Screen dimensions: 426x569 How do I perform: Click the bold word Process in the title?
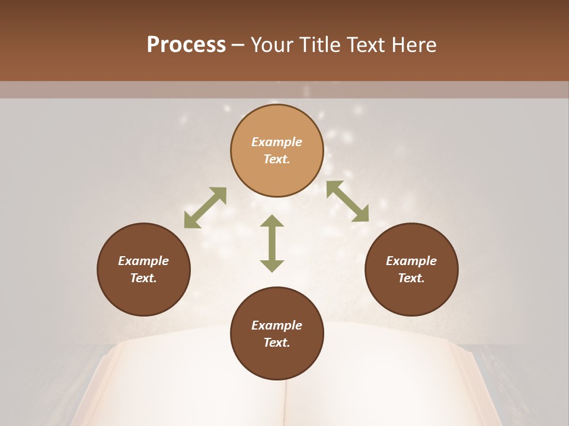186,45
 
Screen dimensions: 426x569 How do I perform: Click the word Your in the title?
273,45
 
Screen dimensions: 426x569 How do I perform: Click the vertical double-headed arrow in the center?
272,244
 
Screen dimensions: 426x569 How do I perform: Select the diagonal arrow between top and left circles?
205,208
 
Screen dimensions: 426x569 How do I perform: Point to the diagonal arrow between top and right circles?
347,201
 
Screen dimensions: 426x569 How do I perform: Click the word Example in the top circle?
277,142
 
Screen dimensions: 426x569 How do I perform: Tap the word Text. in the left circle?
143,278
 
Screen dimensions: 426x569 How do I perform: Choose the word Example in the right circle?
411,261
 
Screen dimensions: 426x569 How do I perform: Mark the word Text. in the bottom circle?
277,343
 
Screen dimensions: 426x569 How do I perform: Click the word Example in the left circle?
143,261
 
